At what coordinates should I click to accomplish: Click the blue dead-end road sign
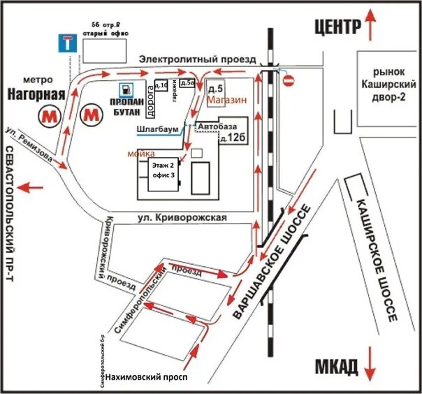pos(65,43)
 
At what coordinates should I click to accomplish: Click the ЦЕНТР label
pos(337,27)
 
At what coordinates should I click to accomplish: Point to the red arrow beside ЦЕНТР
pos(372,26)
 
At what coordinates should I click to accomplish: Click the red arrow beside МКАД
pos(371,364)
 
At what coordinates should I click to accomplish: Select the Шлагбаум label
pos(159,130)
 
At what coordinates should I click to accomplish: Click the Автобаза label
pos(214,126)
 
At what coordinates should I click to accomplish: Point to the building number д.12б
pos(232,138)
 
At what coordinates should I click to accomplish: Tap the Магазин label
pos(228,100)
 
